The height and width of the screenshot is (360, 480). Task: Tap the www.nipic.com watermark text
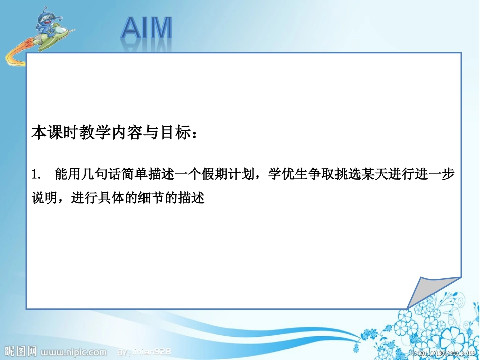coord(74,351)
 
